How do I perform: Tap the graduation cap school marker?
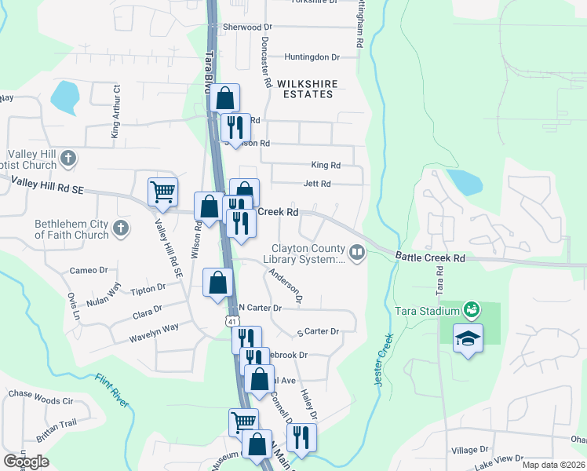pos(468,338)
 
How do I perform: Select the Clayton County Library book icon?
pos(358,252)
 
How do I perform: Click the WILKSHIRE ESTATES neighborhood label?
pos(305,88)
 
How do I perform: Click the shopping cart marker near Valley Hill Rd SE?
pos(162,191)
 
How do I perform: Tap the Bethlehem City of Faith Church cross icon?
pos(120,228)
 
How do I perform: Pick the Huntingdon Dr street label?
pos(312,57)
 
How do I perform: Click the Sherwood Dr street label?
pos(242,27)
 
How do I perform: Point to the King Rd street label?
pos(326,166)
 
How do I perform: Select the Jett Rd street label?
pos(318,184)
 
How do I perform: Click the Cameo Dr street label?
pos(88,270)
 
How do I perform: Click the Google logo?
pos(25,462)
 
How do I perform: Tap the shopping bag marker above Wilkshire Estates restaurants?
pos(224,98)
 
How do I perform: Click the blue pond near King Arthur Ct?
pos(64,97)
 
